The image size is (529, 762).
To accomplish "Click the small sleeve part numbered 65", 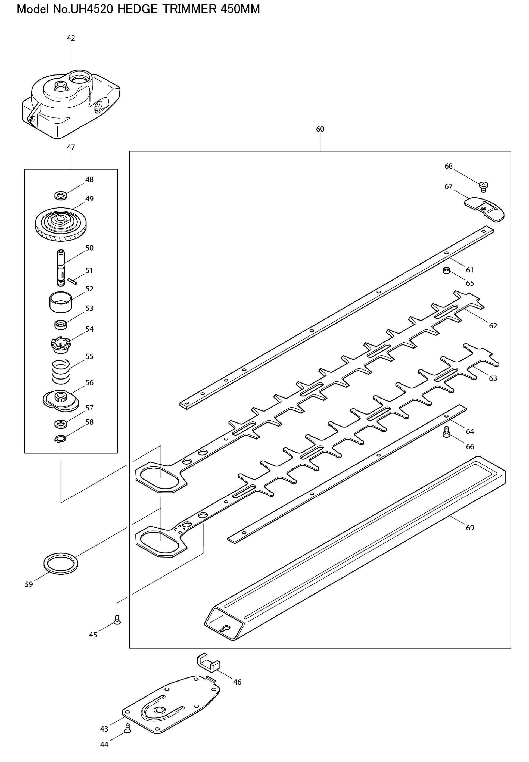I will (446, 271).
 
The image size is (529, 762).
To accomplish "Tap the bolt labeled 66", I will (446, 432).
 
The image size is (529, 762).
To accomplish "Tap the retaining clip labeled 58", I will (60, 438).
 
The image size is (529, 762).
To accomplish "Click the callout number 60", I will (320, 129).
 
